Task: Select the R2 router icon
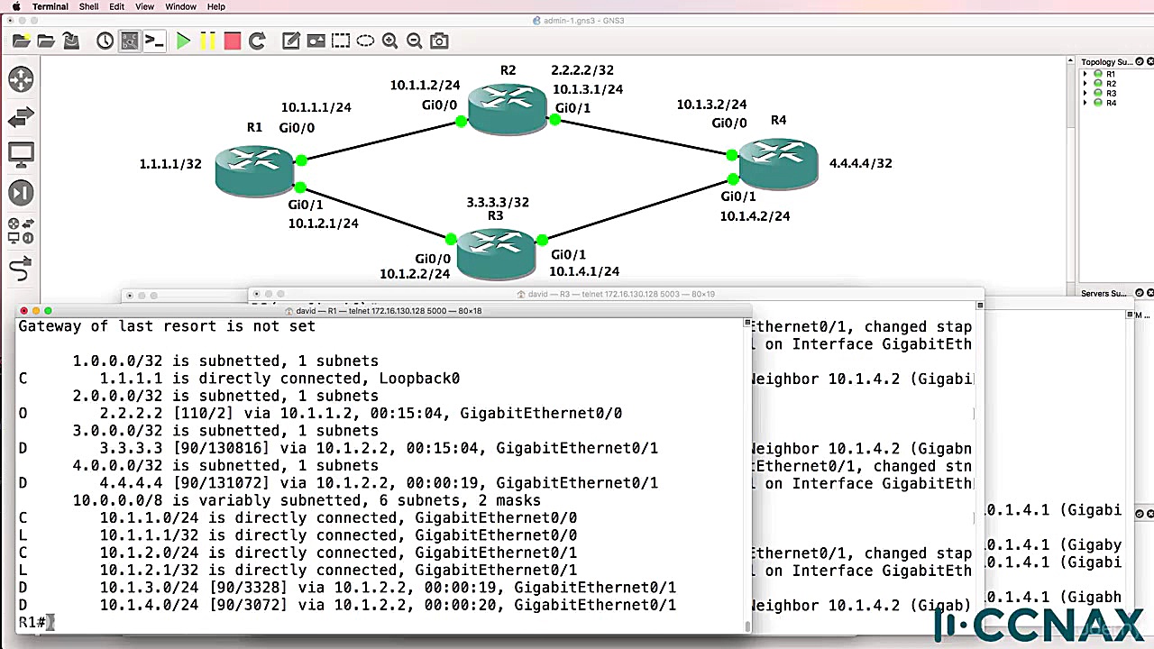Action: [x=507, y=107]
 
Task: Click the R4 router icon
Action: [x=777, y=163]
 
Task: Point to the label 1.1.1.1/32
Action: [x=170, y=164]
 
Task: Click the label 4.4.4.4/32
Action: [x=860, y=163]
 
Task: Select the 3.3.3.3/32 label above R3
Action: [x=497, y=202]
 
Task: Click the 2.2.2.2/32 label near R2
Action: [x=582, y=70]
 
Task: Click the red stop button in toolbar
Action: [x=233, y=41]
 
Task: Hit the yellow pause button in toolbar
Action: [x=208, y=41]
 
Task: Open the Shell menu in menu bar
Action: [x=88, y=6]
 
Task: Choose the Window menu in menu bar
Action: [x=180, y=6]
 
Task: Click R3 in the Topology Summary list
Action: [x=1111, y=93]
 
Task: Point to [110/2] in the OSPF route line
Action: [x=208, y=414]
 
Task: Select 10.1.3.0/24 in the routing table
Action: [x=150, y=588]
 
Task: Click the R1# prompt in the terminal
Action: [x=32, y=622]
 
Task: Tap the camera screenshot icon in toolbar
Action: [x=439, y=41]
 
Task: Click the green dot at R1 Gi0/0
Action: [x=301, y=160]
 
